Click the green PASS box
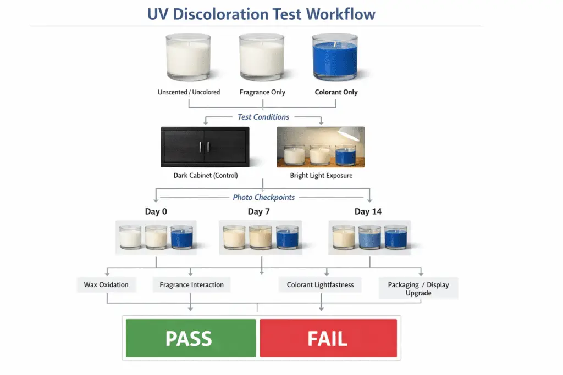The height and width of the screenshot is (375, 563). [191, 338]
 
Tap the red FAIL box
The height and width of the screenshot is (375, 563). [328, 338]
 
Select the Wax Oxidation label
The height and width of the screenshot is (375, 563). [106, 285]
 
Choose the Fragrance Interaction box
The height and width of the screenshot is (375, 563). [191, 285]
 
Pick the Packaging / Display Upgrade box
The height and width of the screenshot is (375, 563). [418, 288]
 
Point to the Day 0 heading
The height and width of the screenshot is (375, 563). [157, 212]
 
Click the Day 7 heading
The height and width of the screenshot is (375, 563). [259, 212]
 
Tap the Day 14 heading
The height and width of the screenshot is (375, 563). [368, 212]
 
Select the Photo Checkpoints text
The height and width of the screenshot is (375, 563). [263, 197]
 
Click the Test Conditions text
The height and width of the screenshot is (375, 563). [263, 117]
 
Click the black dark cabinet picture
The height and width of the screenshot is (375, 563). [205, 146]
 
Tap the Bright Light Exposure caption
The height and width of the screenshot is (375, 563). [321, 176]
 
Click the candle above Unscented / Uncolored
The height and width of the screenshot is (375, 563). [189, 58]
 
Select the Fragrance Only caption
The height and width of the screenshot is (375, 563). [262, 92]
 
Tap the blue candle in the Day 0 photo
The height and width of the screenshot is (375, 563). [181, 238]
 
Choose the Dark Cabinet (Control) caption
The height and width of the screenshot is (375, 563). [205, 176]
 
